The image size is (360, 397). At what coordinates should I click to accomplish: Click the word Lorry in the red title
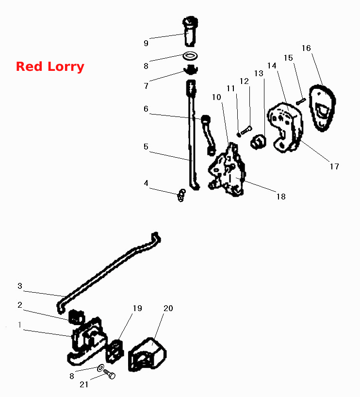coord(66,67)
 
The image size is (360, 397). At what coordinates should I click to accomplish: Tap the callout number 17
coord(334,166)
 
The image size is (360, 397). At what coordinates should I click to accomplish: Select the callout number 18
coord(281,197)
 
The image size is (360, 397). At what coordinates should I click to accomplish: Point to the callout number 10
coord(216,97)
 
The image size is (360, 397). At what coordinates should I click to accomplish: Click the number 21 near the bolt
coord(84,384)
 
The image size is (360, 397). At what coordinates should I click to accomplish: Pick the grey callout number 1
coord(20,325)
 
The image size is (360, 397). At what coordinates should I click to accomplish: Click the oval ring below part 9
coord(190,56)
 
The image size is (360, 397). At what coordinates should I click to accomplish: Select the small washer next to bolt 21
coord(100,367)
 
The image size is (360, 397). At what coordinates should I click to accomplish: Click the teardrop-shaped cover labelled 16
coord(322,108)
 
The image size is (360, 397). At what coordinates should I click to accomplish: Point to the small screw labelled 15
coord(301,101)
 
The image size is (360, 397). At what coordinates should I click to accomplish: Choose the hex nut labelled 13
coord(258,142)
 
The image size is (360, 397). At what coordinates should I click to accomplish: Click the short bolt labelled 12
coord(246,131)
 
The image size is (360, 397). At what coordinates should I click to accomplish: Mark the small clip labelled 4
coord(181,195)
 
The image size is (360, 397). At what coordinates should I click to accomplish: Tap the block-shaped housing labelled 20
coord(147,354)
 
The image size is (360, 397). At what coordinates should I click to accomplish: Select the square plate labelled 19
coord(115,352)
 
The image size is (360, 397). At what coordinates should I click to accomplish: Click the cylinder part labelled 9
coord(190,32)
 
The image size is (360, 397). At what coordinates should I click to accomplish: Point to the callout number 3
coord(20,286)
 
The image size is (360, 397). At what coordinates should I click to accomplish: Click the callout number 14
coord(272,66)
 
